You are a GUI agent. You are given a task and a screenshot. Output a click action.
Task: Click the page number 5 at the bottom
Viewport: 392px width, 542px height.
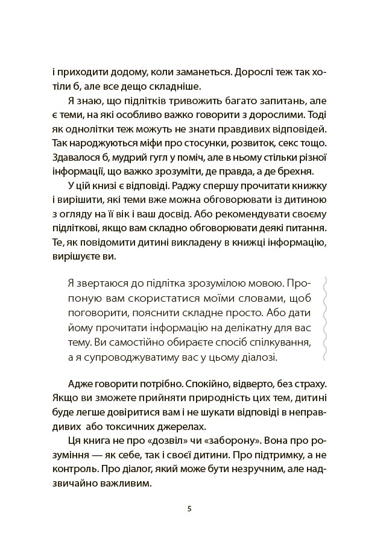click(190, 508)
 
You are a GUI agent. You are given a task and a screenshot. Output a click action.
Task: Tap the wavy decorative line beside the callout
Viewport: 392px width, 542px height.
click(326, 319)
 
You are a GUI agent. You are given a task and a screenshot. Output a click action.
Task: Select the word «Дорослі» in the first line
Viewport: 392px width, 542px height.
click(254, 70)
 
